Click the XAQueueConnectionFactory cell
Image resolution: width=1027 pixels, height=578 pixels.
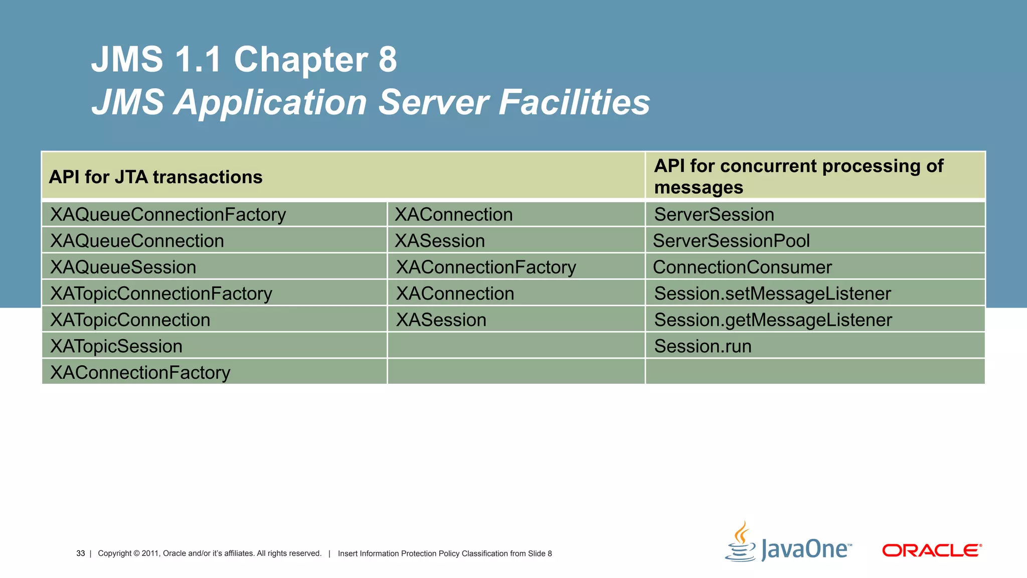click(168, 215)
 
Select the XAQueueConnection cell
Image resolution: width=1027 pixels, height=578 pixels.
click(137, 241)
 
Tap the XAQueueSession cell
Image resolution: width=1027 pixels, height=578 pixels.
click(123, 267)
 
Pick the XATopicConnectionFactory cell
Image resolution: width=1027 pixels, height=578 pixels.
click(161, 294)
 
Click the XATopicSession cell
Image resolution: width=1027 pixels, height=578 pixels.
click(116, 346)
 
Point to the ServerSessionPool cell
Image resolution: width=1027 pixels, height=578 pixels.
click(732, 241)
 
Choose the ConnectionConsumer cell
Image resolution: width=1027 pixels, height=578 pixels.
click(743, 267)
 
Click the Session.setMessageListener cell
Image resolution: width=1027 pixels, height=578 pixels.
click(773, 294)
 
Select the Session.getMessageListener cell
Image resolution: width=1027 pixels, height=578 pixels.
click(773, 320)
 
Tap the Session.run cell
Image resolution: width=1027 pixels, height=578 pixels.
click(703, 346)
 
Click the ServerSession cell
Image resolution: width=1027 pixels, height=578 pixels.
click(715, 215)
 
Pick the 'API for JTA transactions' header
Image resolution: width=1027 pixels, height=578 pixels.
click(155, 177)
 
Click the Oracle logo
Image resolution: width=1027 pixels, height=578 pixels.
click(932, 550)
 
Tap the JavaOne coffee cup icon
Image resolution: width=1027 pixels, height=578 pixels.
click(741, 542)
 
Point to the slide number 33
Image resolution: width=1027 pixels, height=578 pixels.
click(81, 553)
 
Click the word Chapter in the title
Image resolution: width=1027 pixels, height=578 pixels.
click(301, 59)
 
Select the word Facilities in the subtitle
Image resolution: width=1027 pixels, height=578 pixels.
click(574, 102)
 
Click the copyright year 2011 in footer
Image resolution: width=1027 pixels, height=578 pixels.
click(150, 553)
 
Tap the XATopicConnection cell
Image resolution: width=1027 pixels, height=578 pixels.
click(130, 320)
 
